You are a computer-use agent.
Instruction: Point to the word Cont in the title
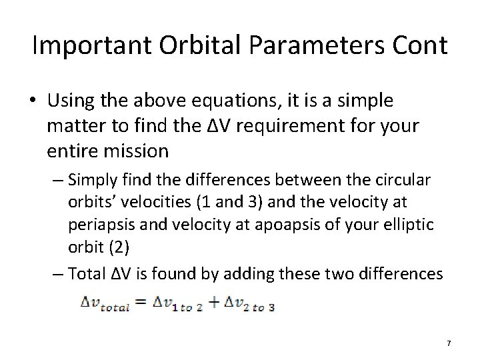point(419,46)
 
